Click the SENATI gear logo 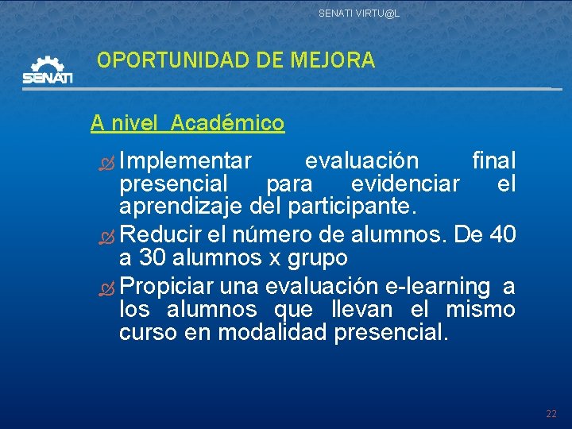[x=48, y=70]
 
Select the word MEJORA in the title [x=333, y=60]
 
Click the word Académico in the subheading [x=227, y=123]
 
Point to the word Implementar [x=187, y=161]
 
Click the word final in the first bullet [x=493, y=161]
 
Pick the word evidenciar [x=405, y=184]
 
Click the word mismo [x=481, y=309]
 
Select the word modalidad [x=273, y=332]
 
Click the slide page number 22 [x=551, y=414]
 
